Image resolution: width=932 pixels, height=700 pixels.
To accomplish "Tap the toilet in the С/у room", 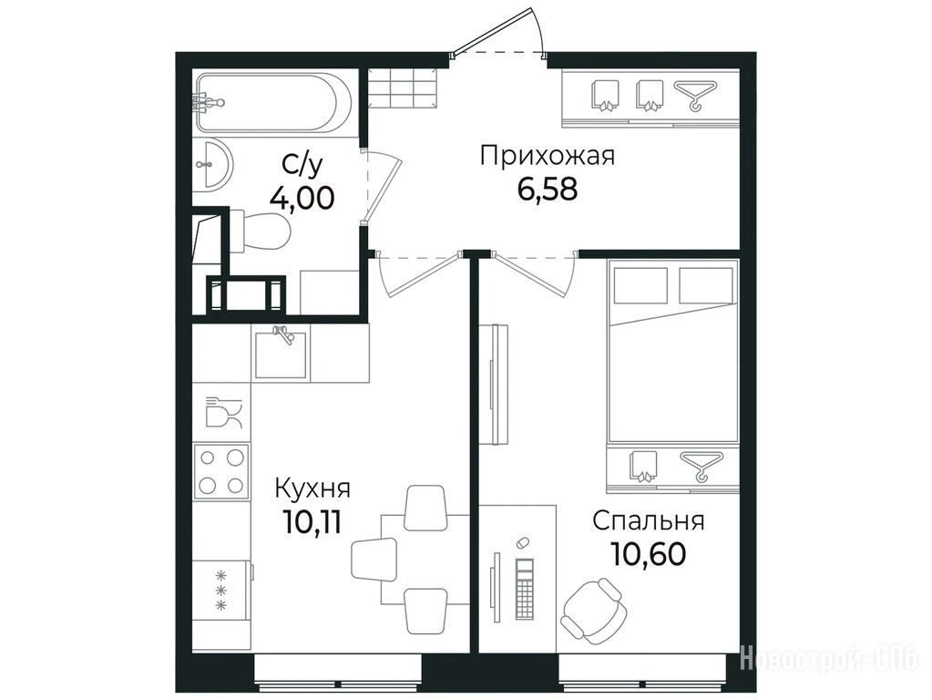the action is (x=259, y=231).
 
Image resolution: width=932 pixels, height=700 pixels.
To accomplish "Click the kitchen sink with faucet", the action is (x=281, y=354).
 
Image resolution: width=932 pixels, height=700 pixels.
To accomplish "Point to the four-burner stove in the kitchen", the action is (x=221, y=471).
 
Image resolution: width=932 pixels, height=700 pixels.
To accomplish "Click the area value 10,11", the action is (x=312, y=523).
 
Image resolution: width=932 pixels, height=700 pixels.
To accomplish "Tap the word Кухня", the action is (x=312, y=489).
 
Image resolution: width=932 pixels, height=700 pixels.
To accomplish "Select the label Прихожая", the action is (x=548, y=157).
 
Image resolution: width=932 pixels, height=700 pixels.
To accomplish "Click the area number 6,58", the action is (x=548, y=190).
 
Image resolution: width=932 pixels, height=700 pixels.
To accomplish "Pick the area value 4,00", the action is (x=302, y=198).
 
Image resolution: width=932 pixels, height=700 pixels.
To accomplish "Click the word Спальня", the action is (x=649, y=521).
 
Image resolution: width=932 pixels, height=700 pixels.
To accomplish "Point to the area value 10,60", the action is (x=649, y=554).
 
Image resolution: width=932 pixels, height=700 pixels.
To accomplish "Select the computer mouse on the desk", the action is (x=522, y=543).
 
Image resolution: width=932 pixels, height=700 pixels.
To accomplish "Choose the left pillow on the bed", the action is (x=640, y=285).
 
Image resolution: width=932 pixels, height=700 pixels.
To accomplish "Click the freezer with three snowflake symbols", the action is (x=221, y=591).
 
